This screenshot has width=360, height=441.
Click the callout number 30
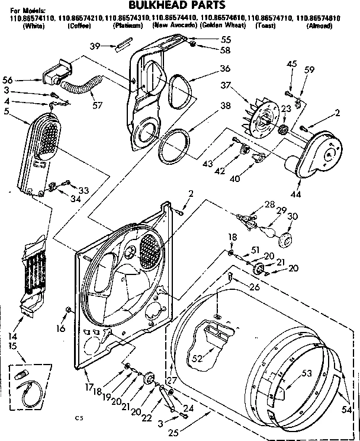pyautogui.click(x=291, y=217)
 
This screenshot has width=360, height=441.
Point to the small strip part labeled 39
pyautogui.click(x=124, y=45)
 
